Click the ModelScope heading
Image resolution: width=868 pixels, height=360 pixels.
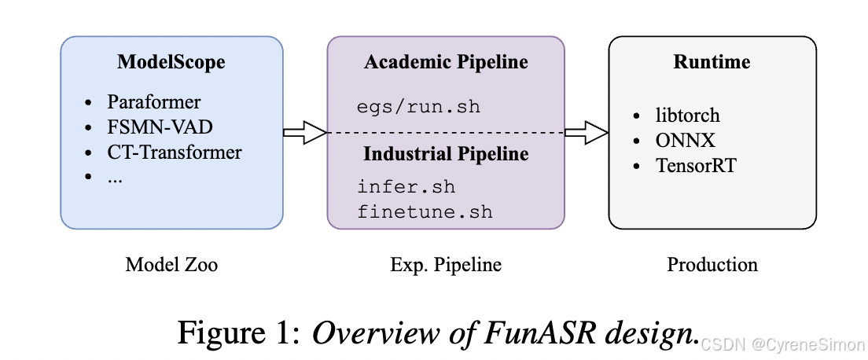click(171, 62)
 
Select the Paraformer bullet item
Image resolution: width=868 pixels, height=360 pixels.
click(154, 102)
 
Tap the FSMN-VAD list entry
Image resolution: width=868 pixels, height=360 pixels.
click(160, 127)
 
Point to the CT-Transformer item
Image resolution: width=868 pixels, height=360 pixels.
click(175, 152)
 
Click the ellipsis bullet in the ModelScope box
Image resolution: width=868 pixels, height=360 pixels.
click(116, 177)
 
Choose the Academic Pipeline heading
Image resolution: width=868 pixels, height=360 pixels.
click(446, 62)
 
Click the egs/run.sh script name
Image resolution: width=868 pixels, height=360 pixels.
click(418, 107)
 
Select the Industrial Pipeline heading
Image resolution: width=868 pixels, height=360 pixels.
click(446, 154)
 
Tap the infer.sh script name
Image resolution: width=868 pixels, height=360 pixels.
click(406, 188)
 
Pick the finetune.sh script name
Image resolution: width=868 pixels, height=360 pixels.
click(425, 211)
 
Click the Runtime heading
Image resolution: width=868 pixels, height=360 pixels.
click(712, 62)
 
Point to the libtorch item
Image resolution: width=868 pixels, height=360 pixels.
click(687, 116)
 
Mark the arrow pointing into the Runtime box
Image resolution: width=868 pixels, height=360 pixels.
click(587, 133)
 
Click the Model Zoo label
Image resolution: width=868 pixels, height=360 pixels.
click(171, 265)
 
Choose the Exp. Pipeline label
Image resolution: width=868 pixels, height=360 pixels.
click(446, 265)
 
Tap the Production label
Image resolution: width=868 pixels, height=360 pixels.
click(712, 265)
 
